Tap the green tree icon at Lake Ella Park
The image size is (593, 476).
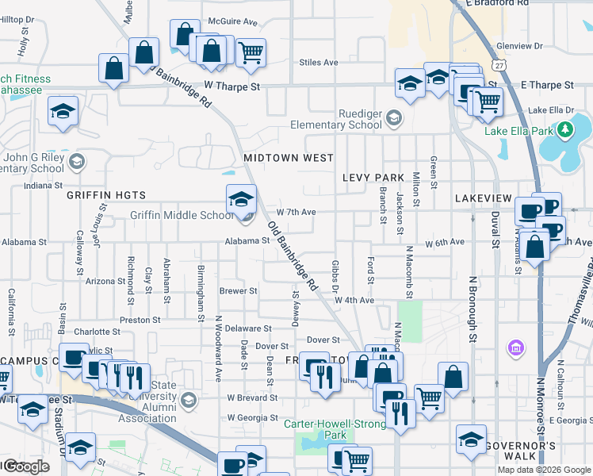pyautogui.click(x=565, y=129)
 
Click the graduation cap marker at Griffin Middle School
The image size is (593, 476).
pyautogui.click(x=242, y=200)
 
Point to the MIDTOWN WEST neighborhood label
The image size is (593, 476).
pyautogui.click(x=289, y=158)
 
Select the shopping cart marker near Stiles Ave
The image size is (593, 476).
pyautogui.click(x=251, y=53)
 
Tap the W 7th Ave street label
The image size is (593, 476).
pyautogui.click(x=296, y=212)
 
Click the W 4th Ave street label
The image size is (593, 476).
pyautogui.click(x=354, y=300)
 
